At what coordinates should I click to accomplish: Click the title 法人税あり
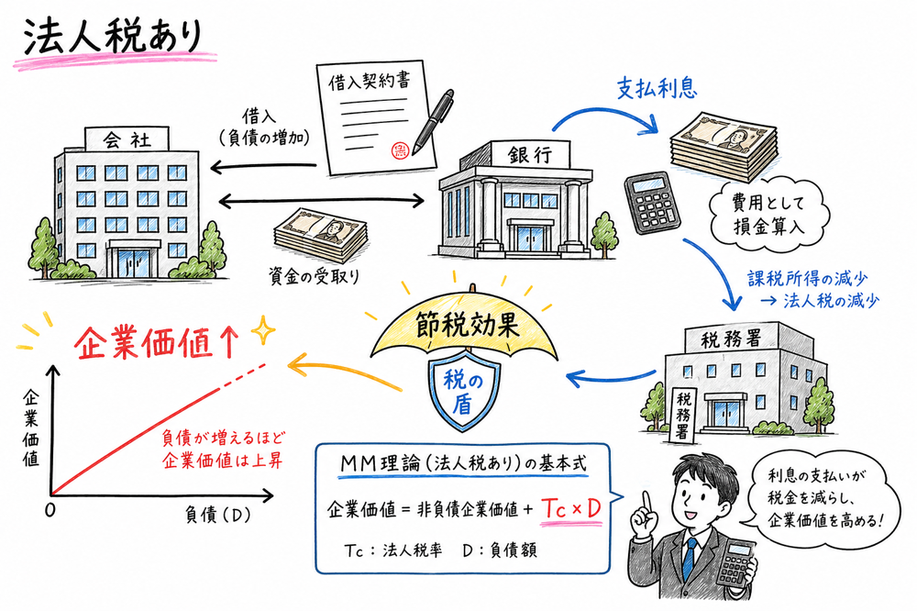point(108,39)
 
